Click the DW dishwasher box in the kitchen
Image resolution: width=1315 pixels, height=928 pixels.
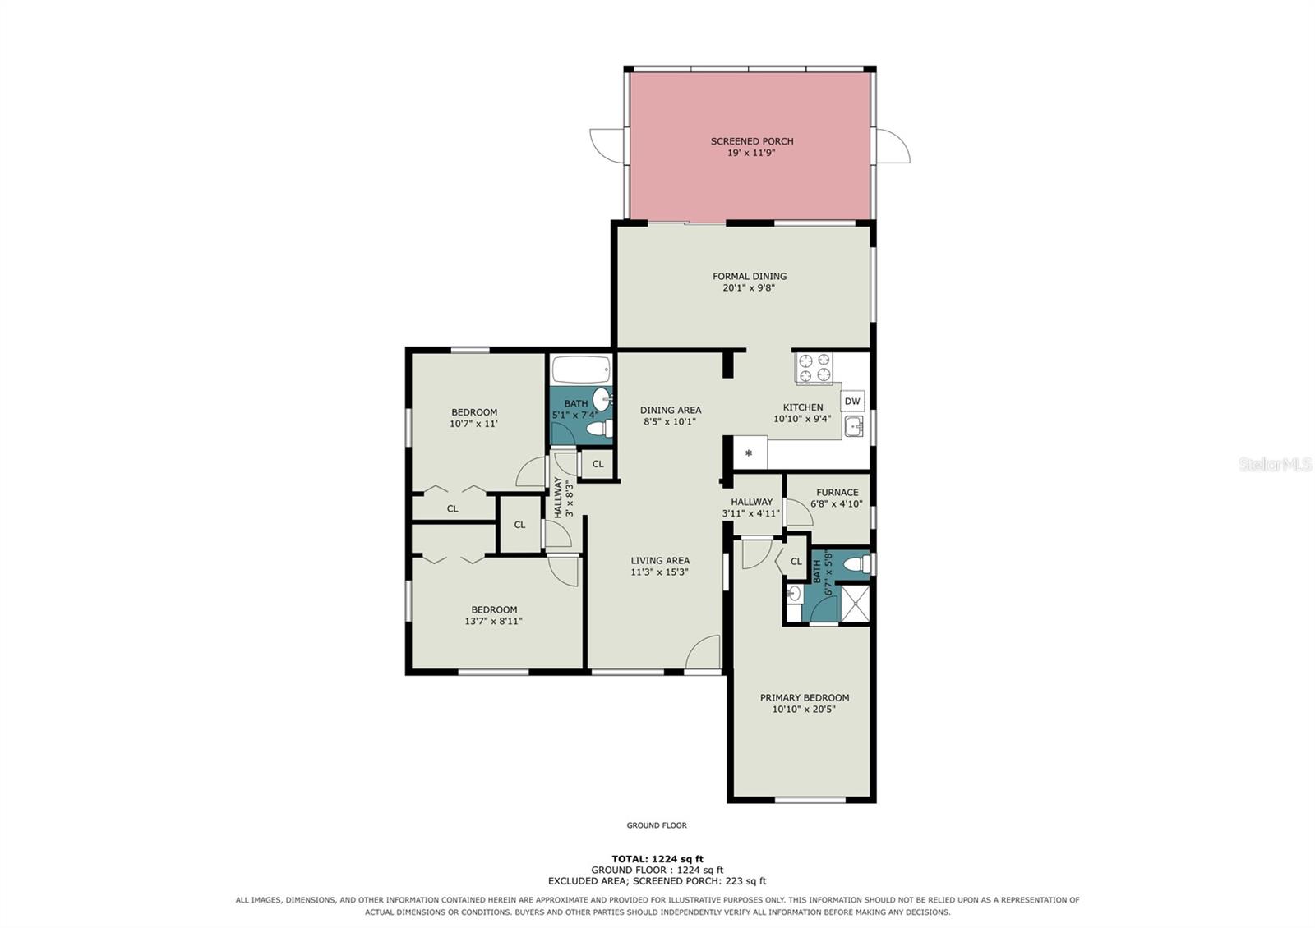coord(852,402)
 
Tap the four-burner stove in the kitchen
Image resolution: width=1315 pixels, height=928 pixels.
coord(814,368)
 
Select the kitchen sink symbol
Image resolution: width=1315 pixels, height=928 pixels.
coord(854,426)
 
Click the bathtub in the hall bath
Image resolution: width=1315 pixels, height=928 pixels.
coord(581,370)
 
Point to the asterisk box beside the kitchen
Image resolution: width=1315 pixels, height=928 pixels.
coord(750,453)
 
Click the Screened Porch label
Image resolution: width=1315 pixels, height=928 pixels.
coord(752,141)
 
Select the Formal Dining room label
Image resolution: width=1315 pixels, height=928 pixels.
coord(750,276)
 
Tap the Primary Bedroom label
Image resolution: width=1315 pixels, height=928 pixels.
coord(805,697)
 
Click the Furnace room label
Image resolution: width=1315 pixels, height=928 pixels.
coord(837,493)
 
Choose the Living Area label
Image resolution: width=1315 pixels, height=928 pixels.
coord(660,560)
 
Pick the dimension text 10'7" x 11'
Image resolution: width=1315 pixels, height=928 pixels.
coord(473,424)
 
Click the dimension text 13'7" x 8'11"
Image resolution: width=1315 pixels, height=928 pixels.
coord(494,621)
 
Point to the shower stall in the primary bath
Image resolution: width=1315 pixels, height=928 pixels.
coord(855,603)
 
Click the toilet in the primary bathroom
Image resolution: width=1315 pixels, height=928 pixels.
coord(857,564)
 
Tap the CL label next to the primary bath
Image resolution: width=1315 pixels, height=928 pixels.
coord(796,562)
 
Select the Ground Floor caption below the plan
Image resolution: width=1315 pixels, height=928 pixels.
coord(657,825)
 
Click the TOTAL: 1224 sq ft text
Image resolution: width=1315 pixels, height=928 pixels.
coord(657,859)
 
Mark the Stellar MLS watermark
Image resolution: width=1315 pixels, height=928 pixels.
coord(1275,465)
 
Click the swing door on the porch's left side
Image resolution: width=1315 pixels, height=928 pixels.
coord(607,145)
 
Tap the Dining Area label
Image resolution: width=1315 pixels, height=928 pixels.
coord(671,410)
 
